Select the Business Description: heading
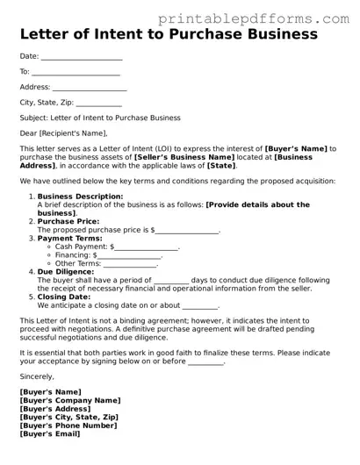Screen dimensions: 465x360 tap(75, 197)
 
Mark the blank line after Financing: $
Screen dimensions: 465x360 tap(135, 256)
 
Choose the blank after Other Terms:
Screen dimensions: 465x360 tap(131, 264)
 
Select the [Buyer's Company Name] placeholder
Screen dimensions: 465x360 tap(70, 400)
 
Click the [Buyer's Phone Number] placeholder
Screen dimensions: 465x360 tap(68, 426)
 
